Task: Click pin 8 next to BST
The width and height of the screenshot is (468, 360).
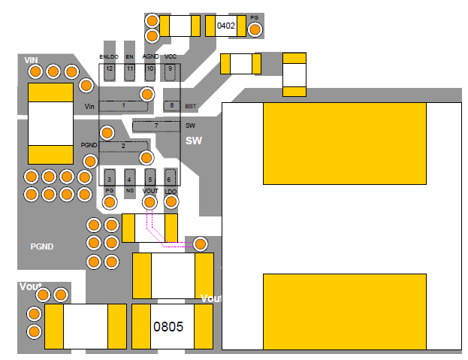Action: tap(172, 106)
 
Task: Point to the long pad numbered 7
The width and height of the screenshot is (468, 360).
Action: tap(155, 125)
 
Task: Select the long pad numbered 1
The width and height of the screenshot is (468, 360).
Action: tap(124, 106)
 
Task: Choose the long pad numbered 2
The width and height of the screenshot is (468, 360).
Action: tap(124, 145)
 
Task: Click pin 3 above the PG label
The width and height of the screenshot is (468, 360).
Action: tap(110, 178)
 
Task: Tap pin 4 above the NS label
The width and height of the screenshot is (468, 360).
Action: tap(130, 178)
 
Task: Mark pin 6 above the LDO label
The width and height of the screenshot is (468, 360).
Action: tap(170, 178)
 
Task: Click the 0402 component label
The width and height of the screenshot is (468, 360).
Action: tap(226, 26)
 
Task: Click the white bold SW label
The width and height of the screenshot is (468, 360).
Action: tap(193, 141)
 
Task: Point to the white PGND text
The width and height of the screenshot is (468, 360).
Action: tap(41, 247)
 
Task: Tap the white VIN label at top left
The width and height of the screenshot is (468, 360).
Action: tap(31, 59)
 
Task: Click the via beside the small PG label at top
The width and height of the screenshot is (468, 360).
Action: tap(255, 29)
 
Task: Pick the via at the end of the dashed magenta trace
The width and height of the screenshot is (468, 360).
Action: tap(201, 244)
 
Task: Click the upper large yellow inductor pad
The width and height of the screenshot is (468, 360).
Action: tap(345, 144)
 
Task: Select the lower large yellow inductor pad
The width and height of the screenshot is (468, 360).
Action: tap(345, 309)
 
